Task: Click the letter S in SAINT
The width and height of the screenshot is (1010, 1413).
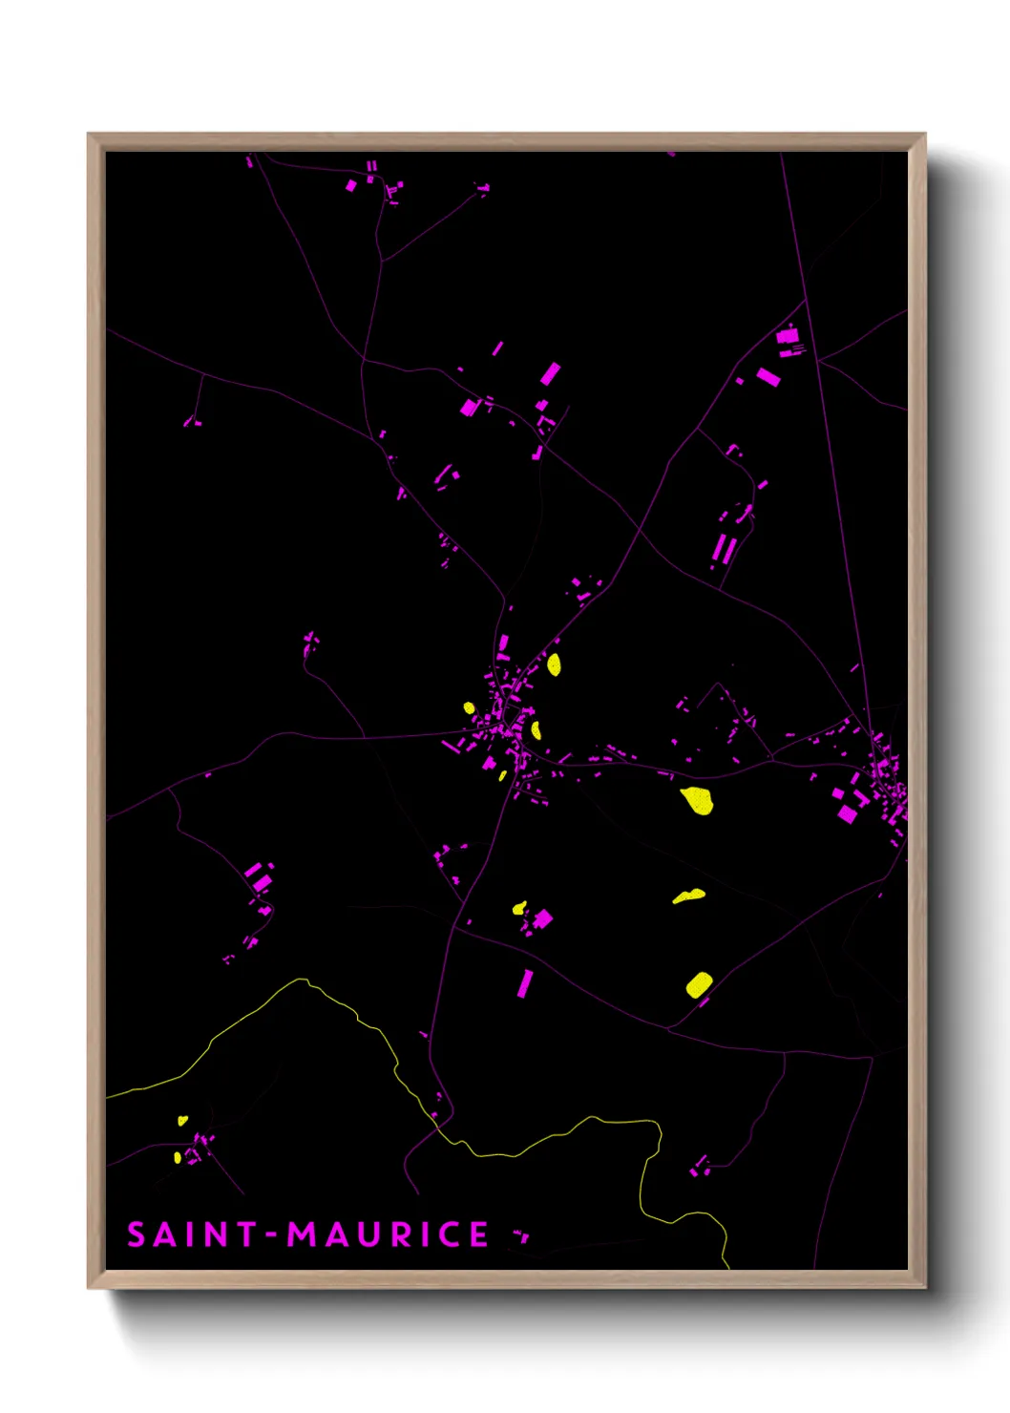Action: point(136,1234)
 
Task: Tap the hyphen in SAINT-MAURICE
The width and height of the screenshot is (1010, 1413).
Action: point(272,1235)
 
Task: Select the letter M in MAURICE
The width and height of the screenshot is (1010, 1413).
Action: point(305,1234)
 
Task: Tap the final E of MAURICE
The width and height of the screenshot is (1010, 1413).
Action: point(478,1234)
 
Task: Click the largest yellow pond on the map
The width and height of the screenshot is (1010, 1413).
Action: point(697,800)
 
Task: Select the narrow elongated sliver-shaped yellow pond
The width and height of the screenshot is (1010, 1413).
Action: point(689,896)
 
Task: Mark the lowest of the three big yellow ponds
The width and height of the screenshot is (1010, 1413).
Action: point(699,984)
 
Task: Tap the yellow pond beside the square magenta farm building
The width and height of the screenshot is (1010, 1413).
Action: point(519,907)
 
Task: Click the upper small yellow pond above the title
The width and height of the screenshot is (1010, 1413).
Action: point(182,1120)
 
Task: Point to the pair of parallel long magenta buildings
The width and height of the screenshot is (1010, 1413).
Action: point(725,549)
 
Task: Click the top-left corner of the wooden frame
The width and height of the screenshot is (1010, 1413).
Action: point(89,135)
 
